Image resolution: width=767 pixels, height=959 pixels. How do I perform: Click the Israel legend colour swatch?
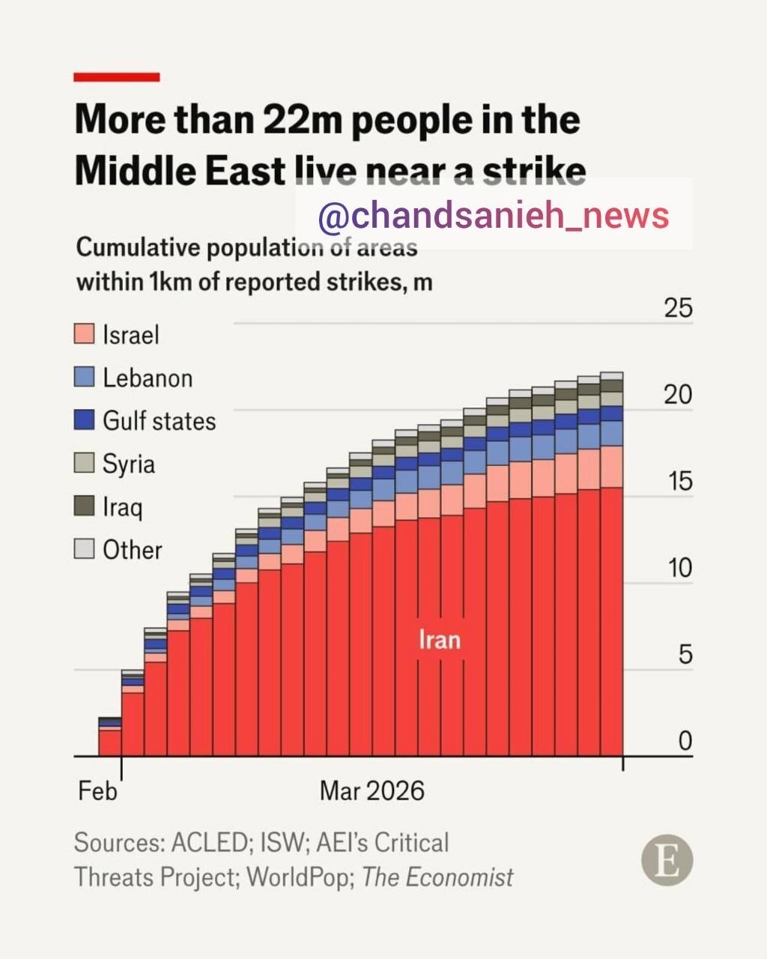85,334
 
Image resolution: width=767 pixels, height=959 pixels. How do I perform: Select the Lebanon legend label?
148,378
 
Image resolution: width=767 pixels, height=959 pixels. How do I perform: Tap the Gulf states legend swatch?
85,420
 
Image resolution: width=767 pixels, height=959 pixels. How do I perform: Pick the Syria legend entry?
129,464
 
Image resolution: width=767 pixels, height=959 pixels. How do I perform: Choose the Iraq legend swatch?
85,506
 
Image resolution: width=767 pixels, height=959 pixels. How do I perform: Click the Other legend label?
133,550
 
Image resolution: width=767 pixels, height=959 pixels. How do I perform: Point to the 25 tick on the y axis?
679,308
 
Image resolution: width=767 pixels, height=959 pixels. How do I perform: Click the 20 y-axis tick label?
679,395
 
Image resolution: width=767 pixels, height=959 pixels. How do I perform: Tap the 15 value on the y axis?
679,481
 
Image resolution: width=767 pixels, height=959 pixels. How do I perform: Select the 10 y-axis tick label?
679,568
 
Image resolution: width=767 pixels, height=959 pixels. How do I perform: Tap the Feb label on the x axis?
97,791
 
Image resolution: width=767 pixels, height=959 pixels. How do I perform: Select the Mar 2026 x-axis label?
372,791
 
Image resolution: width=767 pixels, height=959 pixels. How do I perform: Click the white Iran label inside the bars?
439,640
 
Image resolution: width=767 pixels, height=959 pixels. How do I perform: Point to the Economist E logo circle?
667,860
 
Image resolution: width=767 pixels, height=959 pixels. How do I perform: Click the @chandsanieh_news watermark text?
494,216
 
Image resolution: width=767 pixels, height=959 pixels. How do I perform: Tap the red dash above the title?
117,77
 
